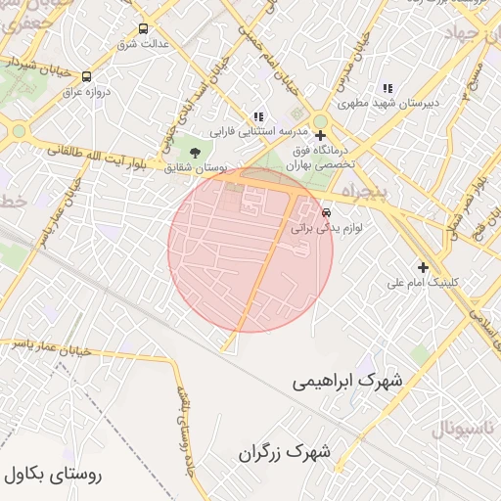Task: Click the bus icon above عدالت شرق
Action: coord(144,29)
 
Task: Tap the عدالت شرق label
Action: coord(143,44)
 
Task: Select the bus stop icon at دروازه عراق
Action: coord(86,76)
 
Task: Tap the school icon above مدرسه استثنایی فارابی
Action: coord(258,116)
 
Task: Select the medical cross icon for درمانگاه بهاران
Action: coord(320,135)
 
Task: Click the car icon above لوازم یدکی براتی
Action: coord(327,212)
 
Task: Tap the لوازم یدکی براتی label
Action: coord(327,227)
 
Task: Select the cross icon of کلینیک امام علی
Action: coord(423,267)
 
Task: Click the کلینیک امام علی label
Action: coord(423,283)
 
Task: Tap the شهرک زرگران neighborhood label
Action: coord(285,453)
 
